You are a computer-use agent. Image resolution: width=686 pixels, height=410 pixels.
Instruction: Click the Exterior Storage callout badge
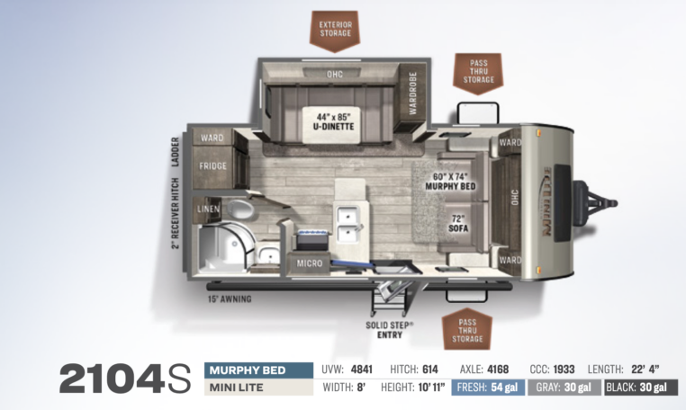(x=335, y=31)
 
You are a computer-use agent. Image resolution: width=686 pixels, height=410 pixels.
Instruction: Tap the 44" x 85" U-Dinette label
(x=334, y=122)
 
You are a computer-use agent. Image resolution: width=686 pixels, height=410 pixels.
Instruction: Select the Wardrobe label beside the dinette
(x=412, y=94)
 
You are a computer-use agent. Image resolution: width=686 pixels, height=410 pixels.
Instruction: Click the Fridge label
(x=213, y=166)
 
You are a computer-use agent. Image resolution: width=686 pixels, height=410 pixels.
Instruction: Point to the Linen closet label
(x=208, y=209)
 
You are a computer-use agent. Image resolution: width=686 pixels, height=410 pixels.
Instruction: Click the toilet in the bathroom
(x=239, y=209)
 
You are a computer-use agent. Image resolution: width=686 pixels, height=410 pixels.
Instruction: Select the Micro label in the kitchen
(x=310, y=263)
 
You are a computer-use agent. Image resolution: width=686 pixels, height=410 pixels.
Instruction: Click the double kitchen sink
(x=348, y=224)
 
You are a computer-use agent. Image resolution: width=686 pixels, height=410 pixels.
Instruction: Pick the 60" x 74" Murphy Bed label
(x=450, y=182)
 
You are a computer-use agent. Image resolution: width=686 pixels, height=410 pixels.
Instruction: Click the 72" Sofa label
(x=458, y=223)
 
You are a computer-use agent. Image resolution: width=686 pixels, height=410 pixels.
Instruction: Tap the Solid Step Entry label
(x=390, y=330)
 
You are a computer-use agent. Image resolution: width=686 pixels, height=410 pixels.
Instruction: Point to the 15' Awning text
(x=230, y=299)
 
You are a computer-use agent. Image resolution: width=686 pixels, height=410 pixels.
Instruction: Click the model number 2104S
(x=125, y=379)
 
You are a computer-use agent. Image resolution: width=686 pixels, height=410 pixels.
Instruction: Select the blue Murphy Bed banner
(x=258, y=370)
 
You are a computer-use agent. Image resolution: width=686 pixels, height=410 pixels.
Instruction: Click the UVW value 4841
(x=361, y=370)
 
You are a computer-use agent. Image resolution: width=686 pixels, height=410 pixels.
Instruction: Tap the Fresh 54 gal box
(x=488, y=388)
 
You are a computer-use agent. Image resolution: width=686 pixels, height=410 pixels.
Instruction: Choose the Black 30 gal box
(x=641, y=388)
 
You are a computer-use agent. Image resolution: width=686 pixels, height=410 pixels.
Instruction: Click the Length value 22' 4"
(x=645, y=370)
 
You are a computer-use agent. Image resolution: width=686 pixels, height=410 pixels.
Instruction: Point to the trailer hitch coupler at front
(x=596, y=203)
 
